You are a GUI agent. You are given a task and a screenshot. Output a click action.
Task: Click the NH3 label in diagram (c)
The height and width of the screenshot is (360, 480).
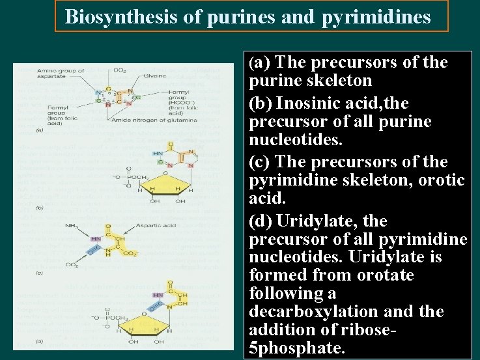(71, 226)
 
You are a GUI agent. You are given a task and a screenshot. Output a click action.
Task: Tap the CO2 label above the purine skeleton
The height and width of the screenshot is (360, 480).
(120, 70)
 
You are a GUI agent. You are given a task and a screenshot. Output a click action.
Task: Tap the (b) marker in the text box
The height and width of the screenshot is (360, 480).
(261, 104)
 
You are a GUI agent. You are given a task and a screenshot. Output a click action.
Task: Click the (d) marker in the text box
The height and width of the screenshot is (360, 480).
(261, 221)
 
